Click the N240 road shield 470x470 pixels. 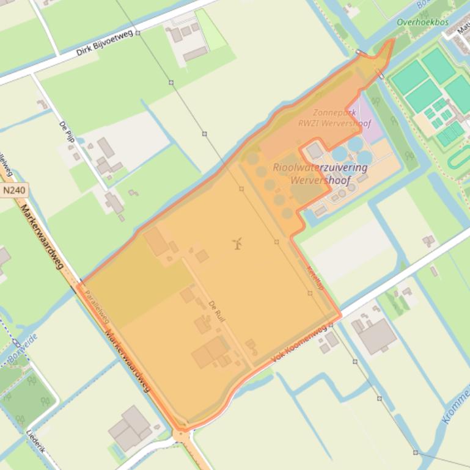tap(15, 190)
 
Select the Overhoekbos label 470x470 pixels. tap(422, 23)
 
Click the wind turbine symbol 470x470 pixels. tap(238, 244)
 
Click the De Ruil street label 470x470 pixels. tap(217, 311)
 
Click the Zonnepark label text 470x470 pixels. tap(334, 113)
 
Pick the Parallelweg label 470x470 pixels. tap(97, 306)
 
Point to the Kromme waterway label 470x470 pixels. tap(455, 406)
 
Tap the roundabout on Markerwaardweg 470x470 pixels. tap(182, 435)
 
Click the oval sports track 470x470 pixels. tap(458, 157)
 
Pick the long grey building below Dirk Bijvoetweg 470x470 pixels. tap(195, 54)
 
